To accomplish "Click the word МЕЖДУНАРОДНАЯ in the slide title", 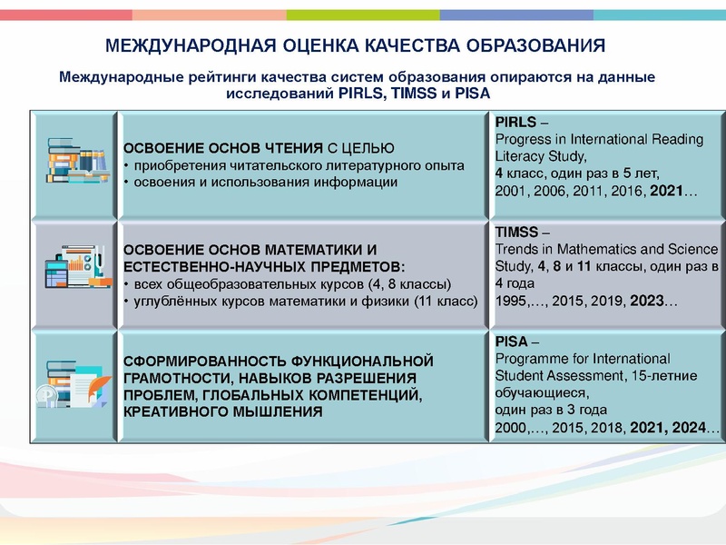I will click(x=182, y=45).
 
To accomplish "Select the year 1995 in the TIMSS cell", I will click(x=512, y=300).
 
